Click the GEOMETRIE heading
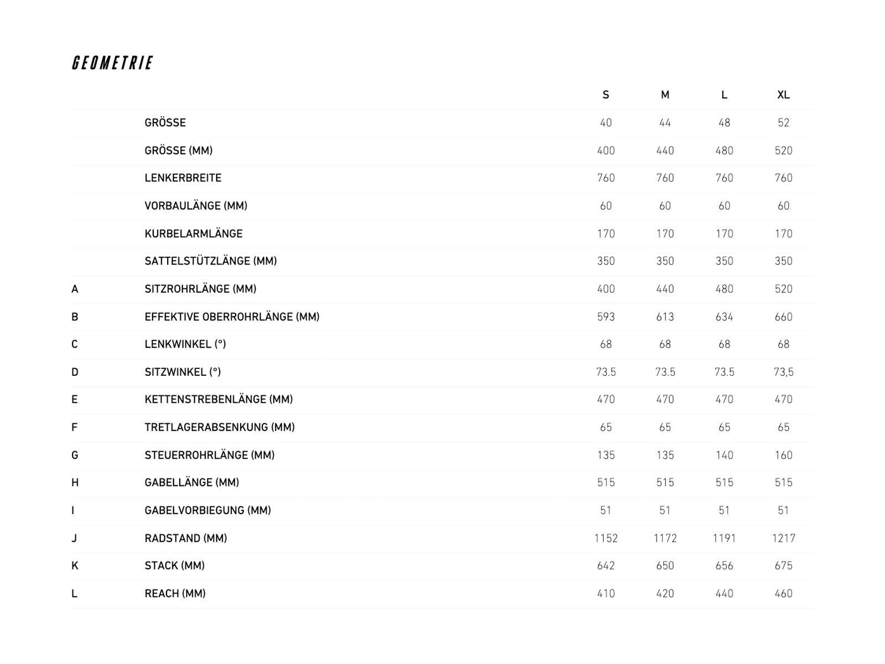point(112,63)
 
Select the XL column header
point(783,95)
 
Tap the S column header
point(606,95)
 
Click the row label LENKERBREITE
point(183,178)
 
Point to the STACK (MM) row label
point(174,566)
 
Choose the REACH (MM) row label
point(175,593)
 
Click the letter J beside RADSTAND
point(74,538)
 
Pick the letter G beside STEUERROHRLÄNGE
point(75,455)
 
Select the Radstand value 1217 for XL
point(783,538)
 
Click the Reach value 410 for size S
point(606,593)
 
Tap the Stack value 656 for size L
point(724,566)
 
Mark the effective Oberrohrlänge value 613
point(665,317)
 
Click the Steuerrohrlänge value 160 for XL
point(783,455)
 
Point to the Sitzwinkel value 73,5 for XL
point(783,372)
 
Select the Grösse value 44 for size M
point(665,123)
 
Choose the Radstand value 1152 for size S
point(606,538)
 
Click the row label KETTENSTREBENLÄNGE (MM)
point(218,400)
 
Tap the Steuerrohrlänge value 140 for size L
point(724,455)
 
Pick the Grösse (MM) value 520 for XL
point(783,151)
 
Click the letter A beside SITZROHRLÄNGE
point(75,289)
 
